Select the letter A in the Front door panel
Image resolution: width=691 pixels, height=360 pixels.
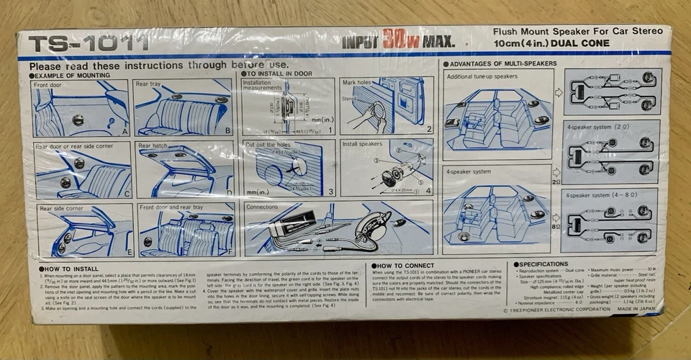[124, 132]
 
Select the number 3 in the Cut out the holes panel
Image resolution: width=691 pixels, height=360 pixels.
[330, 192]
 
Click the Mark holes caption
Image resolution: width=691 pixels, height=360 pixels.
[359, 83]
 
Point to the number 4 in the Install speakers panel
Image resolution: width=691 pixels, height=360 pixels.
[428, 191]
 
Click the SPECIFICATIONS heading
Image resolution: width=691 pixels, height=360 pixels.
[543, 264]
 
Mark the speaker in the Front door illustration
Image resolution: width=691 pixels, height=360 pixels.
[78, 120]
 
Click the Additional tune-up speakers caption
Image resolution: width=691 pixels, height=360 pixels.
[482, 76]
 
